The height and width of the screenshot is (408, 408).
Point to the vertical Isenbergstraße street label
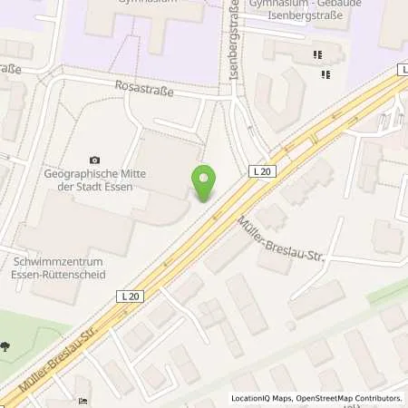tap(234, 41)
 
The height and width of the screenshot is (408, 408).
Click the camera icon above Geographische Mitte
tap(95, 160)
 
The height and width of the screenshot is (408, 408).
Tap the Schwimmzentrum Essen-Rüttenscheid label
tap(60, 267)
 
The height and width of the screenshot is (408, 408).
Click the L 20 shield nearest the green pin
tap(258, 170)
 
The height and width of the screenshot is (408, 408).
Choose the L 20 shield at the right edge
tap(402, 69)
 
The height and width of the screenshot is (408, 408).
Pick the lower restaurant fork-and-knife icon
tap(324, 73)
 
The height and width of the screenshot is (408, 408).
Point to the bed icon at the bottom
tap(83, 401)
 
